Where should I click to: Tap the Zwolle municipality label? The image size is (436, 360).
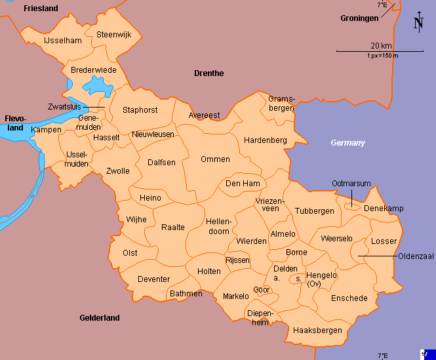click(118, 171)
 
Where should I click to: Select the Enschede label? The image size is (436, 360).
click(349, 298)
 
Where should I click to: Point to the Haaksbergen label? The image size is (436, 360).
click(318, 330)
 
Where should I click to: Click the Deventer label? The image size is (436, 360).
click(154, 279)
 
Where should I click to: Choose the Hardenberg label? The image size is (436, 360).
click(266, 140)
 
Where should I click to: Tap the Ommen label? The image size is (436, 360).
click(215, 159)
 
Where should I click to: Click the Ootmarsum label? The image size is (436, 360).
click(351, 184)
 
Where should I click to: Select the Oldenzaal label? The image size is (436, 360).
click(416, 256)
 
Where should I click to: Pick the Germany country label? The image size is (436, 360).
click(347, 143)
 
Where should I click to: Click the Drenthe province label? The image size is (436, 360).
click(209, 73)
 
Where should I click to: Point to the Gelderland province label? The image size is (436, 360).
click(100, 318)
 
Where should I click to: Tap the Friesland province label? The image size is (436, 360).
click(41, 9)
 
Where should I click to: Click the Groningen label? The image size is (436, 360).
click(359, 18)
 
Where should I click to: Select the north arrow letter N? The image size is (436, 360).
click(418, 24)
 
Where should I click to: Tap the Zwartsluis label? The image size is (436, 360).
click(64, 106)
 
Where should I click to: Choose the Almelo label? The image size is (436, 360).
click(283, 234)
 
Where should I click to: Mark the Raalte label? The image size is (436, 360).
click(173, 228)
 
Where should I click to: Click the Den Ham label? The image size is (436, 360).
click(243, 184)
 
